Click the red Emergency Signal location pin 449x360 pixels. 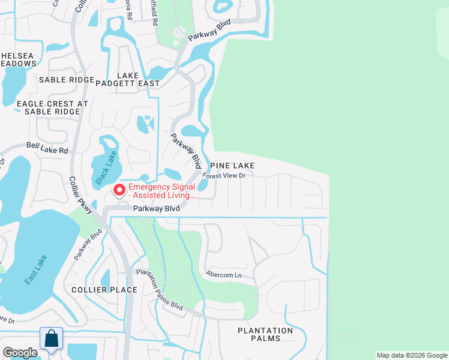119,190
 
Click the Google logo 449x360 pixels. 20,353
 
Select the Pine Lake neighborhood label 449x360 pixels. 232,165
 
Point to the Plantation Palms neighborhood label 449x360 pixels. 265,334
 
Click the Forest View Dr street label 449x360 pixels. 224,176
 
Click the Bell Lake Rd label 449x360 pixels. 47,148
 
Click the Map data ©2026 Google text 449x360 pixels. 412,355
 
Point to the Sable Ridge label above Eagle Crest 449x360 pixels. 66,80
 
